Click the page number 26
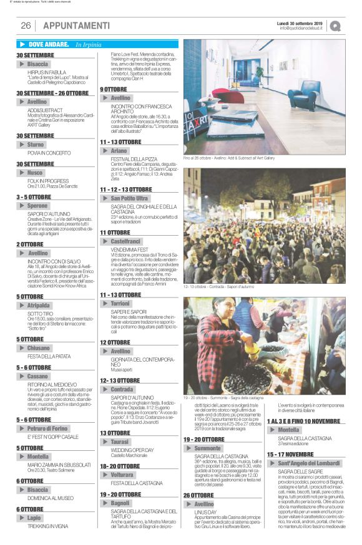click(x=26, y=26)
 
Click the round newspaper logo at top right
click(x=336, y=26)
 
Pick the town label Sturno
click(x=36, y=145)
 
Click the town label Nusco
click(x=35, y=172)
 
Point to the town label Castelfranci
click(x=125, y=241)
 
